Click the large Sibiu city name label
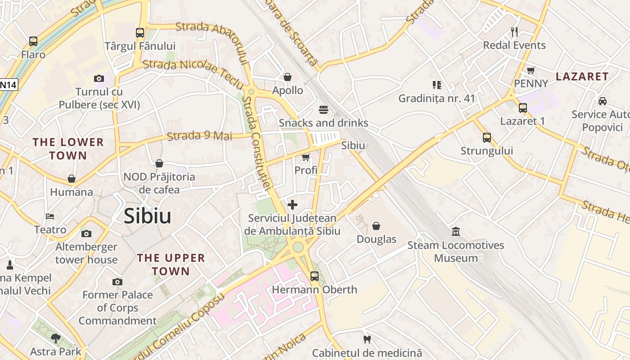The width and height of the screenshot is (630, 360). click(x=148, y=216)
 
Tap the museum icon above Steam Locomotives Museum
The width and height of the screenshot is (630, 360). click(x=456, y=232)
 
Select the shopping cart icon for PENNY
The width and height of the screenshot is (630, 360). click(x=531, y=70)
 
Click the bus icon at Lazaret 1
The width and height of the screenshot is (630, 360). click(x=522, y=108)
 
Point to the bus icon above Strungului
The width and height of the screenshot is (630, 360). click(x=486, y=138)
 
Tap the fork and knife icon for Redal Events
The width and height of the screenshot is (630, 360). click(x=514, y=32)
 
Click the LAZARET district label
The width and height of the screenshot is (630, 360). click(x=582, y=76)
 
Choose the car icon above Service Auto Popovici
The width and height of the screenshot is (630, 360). click(x=602, y=101)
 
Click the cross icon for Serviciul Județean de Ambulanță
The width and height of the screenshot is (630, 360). click(x=292, y=205)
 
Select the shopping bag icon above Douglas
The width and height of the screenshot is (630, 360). click(x=376, y=226)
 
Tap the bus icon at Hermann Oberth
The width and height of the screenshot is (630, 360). click(x=314, y=276)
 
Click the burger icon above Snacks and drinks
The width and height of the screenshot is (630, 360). click(x=323, y=109)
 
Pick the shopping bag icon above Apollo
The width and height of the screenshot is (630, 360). click(x=287, y=77)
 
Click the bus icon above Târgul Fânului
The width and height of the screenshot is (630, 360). click(x=140, y=33)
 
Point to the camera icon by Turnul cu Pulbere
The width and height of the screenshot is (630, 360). click(x=99, y=79)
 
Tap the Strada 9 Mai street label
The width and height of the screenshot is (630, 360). click(x=199, y=136)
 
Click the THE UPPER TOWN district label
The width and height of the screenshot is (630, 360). click(x=171, y=265)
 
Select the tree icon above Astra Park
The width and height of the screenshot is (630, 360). click(x=56, y=338)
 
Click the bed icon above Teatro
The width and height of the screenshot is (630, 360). click(x=50, y=216)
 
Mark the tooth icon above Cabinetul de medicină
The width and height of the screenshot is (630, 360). click(x=367, y=339)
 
